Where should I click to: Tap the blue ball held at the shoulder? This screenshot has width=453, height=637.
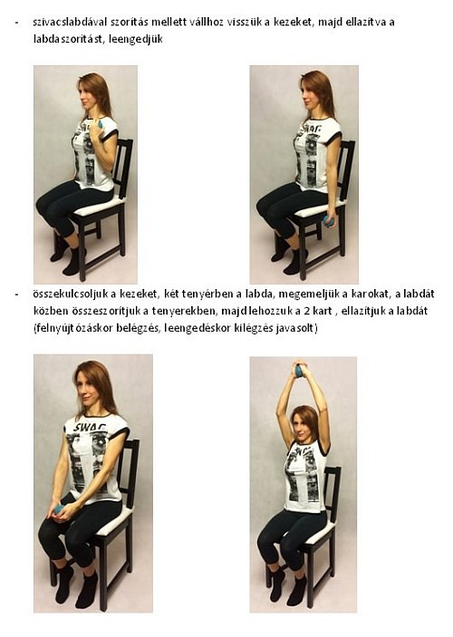(x=99, y=125)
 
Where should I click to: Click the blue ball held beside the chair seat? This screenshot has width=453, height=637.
(x=327, y=220)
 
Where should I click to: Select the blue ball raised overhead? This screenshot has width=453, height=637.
(x=300, y=371)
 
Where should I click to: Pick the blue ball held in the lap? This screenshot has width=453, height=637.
(x=59, y=509)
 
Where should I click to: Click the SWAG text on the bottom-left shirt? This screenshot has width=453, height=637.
(x=91, y=428)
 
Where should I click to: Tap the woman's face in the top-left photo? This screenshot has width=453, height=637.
(x=87, y=94)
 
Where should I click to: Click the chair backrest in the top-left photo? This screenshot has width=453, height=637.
(x=122, y=162)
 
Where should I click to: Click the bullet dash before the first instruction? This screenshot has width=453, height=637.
(x=16, y=23)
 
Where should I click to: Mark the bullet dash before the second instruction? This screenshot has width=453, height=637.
(x=16, y=294)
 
